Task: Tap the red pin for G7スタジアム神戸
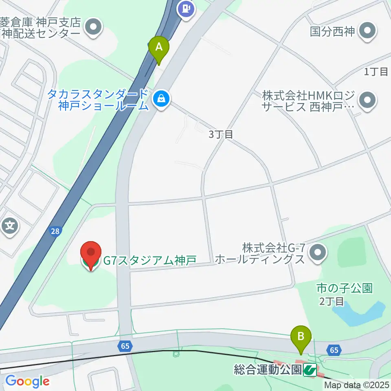tap(90, 255)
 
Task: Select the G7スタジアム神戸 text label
tap(150, 260)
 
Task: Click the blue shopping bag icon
tap(162, 99)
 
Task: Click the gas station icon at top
tap(186, 9)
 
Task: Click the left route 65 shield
tap(125, 346)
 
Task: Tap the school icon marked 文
tap(10, 225)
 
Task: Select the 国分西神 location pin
tap(368, 31)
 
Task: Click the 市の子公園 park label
tap(344, 289)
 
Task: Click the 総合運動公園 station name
tap(268, 370)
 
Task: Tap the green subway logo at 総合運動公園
tap(310, 370)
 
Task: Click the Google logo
tap(27, 381)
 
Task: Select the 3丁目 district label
tap(221, 134)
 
